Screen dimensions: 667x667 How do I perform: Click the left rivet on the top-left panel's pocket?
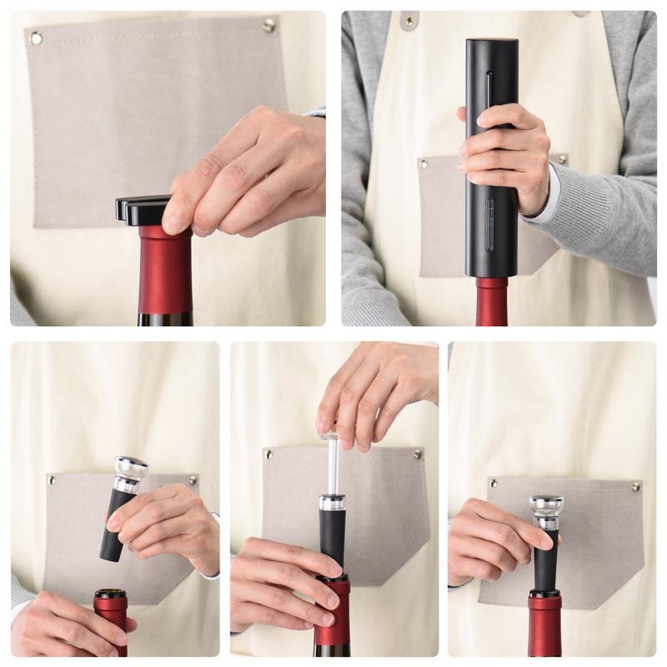[x=36, y=38]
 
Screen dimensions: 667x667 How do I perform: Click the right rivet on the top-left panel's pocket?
[x=268, y=25]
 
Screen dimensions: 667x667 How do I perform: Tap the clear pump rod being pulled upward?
[x=332, y=467]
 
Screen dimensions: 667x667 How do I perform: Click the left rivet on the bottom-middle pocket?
[x=268, y=454]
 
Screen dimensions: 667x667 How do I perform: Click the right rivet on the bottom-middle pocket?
[x=417, y=454]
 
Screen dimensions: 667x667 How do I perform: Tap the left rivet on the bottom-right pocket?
[x=493, y=484]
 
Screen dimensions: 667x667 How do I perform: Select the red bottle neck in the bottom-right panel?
[x=544, y=621]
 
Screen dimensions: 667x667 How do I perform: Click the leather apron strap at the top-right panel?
[x=409, y=20]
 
